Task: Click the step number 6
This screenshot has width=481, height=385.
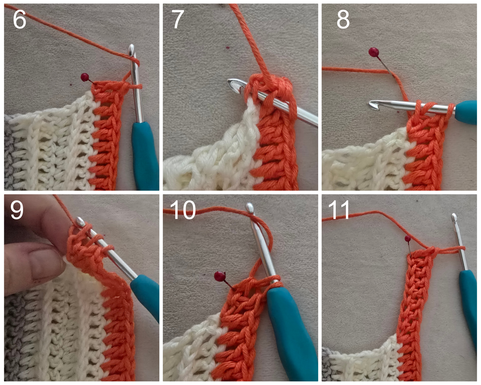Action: click(19, 19)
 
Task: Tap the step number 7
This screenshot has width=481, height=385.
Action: click(178, 19)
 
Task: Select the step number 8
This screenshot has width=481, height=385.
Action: click(343, 19)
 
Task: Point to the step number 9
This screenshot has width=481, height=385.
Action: click(17, 210)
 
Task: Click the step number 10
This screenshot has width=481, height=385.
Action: click(183, 210)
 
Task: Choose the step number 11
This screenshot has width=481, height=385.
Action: click(339, 210)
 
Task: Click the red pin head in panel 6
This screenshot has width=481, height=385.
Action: click(85, 77)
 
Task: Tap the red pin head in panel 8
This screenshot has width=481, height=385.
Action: click(373, 51)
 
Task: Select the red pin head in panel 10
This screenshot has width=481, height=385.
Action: click(219, 276)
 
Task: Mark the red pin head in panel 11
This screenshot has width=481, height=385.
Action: click(408, 238)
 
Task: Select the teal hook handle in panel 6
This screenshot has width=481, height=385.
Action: click(145, 154)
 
